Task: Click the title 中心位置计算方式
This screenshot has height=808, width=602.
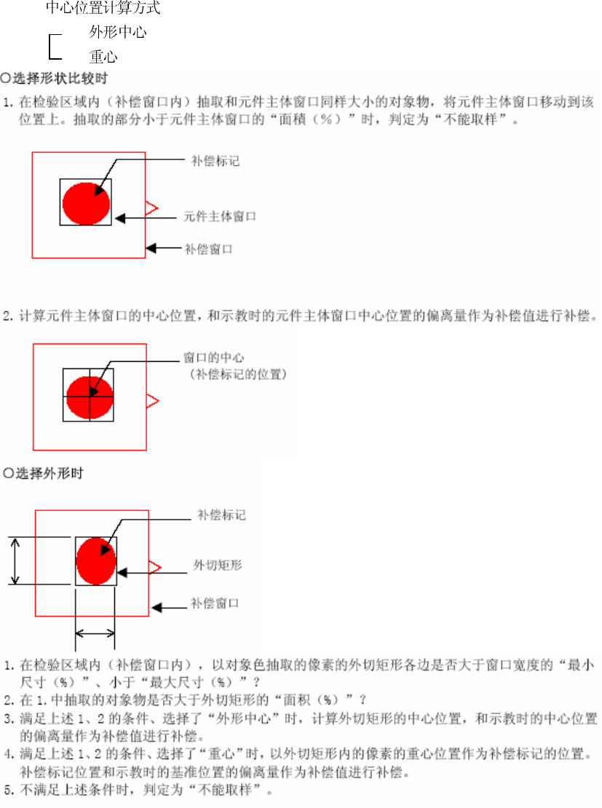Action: (103, 9)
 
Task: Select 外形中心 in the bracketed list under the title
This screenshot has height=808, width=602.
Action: (118, 33)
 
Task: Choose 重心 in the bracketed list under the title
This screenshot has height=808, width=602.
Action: (103, 56)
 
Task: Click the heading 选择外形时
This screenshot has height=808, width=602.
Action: (48, 473)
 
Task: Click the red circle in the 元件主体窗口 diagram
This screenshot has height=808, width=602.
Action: (86, 203)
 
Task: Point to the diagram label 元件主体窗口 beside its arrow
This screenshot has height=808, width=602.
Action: (219, 216)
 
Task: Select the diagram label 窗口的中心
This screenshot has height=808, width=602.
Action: (213, 358)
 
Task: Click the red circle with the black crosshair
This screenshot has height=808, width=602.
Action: (90, 397)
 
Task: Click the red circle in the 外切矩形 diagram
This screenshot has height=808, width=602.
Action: (95, 561)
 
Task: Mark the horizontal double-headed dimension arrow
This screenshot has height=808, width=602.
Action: (95, 634)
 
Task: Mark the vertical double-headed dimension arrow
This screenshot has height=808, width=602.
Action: (17, 561)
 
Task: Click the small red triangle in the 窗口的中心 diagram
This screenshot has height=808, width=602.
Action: (151, 400)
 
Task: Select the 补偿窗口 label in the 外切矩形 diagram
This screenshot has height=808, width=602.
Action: (215, 603)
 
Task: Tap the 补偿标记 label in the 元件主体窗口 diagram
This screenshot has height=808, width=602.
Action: (215, 161)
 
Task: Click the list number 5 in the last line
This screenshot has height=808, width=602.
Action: (7, 792)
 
